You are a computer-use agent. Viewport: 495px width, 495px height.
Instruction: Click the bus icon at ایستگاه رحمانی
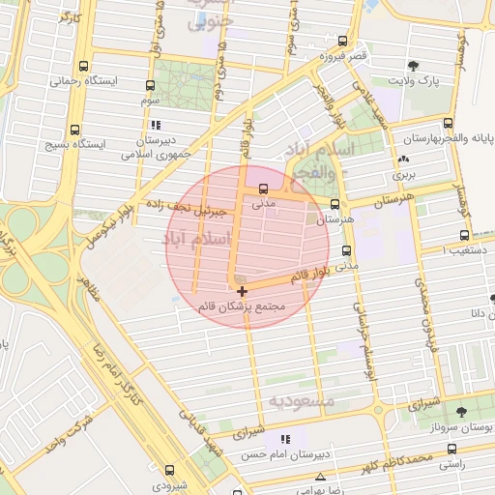[86, 68]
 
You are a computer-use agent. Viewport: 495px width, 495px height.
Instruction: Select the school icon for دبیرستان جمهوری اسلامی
[156, 125]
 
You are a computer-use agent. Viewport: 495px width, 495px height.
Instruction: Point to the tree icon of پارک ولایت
[414, 67]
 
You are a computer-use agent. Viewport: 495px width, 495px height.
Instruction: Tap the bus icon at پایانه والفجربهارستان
[448, 123]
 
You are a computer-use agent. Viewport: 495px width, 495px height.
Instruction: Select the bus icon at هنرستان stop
[335, 205]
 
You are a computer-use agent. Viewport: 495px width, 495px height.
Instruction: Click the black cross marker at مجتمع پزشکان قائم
[242, 291]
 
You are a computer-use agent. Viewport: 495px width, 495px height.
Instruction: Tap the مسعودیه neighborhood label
[301, 400]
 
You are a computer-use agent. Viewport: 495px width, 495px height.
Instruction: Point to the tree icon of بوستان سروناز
[460, 411]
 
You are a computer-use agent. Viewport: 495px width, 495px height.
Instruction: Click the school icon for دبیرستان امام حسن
[284, 440]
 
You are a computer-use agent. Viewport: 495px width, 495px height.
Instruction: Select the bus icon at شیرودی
[169, 471]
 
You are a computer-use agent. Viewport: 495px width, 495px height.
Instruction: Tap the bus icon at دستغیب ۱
[465, 235]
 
